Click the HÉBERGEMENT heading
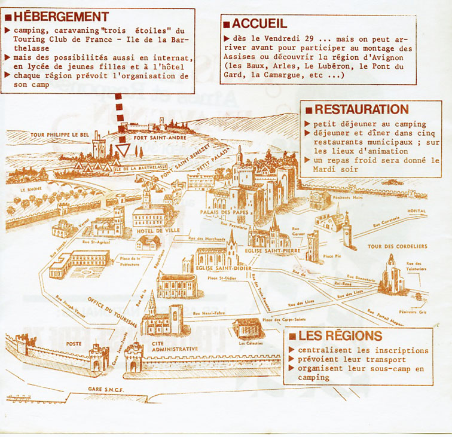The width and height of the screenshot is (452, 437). click(60, 16)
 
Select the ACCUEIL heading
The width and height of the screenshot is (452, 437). click(259, 24)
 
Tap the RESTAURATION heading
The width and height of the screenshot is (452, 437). click(361, 109)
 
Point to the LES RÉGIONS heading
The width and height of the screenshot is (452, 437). click(343, 335)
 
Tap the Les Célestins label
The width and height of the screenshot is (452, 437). click(250, 343)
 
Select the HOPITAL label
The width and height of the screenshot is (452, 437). click(417, 211)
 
